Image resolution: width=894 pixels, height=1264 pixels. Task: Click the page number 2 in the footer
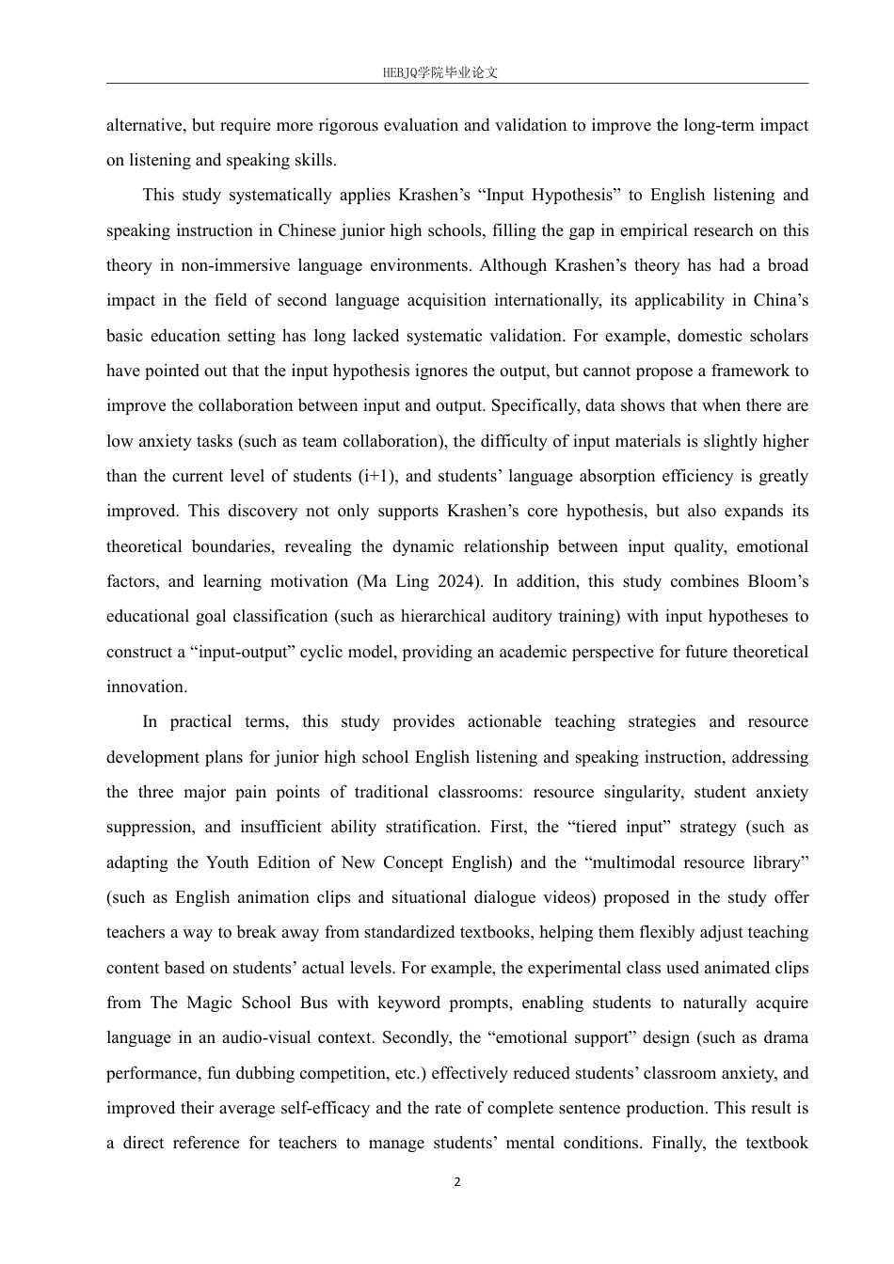[x=457, y=1182]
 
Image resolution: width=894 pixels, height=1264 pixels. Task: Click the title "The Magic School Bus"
[x=238, y=1003]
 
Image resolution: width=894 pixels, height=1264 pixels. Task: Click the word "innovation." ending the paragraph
[x=147, y=687]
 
